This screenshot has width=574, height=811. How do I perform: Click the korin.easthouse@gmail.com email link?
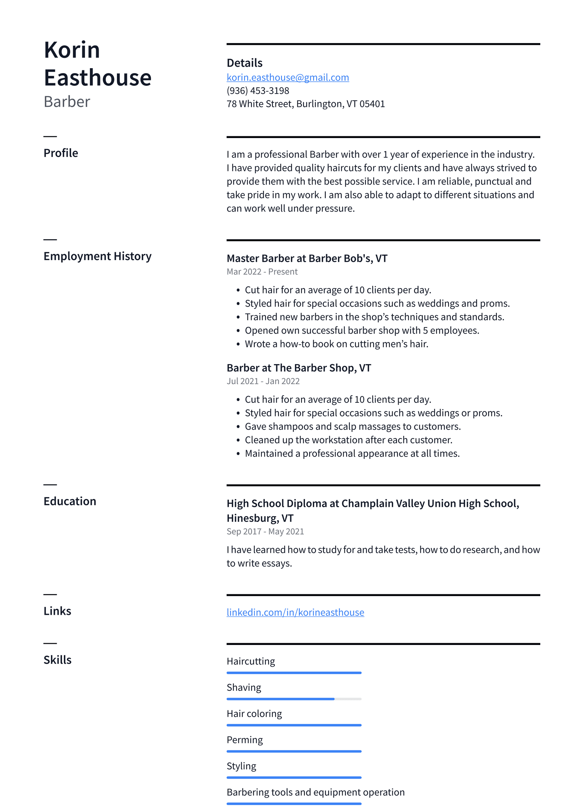tap(287, 77)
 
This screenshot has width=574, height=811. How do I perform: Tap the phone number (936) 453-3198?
tap(258, 91)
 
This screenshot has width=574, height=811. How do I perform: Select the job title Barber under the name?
tap(67, 102)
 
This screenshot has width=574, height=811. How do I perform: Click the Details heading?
tap(244, 63)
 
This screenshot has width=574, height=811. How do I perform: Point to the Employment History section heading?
tap(97, 256)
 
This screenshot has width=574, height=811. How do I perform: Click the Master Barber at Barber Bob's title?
tap(307, 258)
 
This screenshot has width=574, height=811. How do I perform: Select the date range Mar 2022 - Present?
tap(262, 272)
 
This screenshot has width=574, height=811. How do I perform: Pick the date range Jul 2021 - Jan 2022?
tap(263, 381)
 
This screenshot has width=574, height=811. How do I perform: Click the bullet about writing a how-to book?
tap(336, 344)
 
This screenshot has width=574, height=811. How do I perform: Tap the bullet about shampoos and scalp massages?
tap(352, 426)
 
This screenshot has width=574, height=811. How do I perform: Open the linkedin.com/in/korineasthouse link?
tap(295, 612)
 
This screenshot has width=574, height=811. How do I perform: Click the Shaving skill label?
tap(244, 687)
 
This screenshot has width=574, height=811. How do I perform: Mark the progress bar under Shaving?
tap(293, 699)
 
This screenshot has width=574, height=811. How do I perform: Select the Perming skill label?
tap(244, 740)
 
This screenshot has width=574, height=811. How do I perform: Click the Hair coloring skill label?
tap(254, 713)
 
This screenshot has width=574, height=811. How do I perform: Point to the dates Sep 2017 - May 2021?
tap(265, 531)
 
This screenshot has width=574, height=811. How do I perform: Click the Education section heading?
tap(70, 501)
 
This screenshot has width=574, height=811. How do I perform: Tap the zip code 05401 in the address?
tap(372, 104)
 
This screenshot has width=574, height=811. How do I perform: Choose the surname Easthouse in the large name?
tap(98, 78)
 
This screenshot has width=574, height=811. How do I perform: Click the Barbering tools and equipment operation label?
tap(315, 792)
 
